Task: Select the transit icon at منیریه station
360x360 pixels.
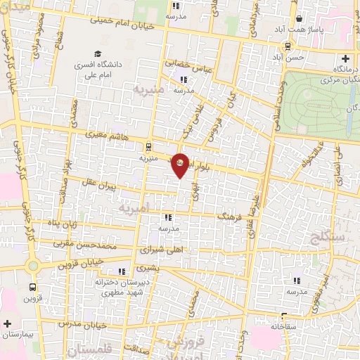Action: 147,146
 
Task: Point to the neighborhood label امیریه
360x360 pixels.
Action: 134,209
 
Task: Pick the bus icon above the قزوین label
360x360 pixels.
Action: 32,288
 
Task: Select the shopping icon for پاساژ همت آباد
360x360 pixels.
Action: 300,19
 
